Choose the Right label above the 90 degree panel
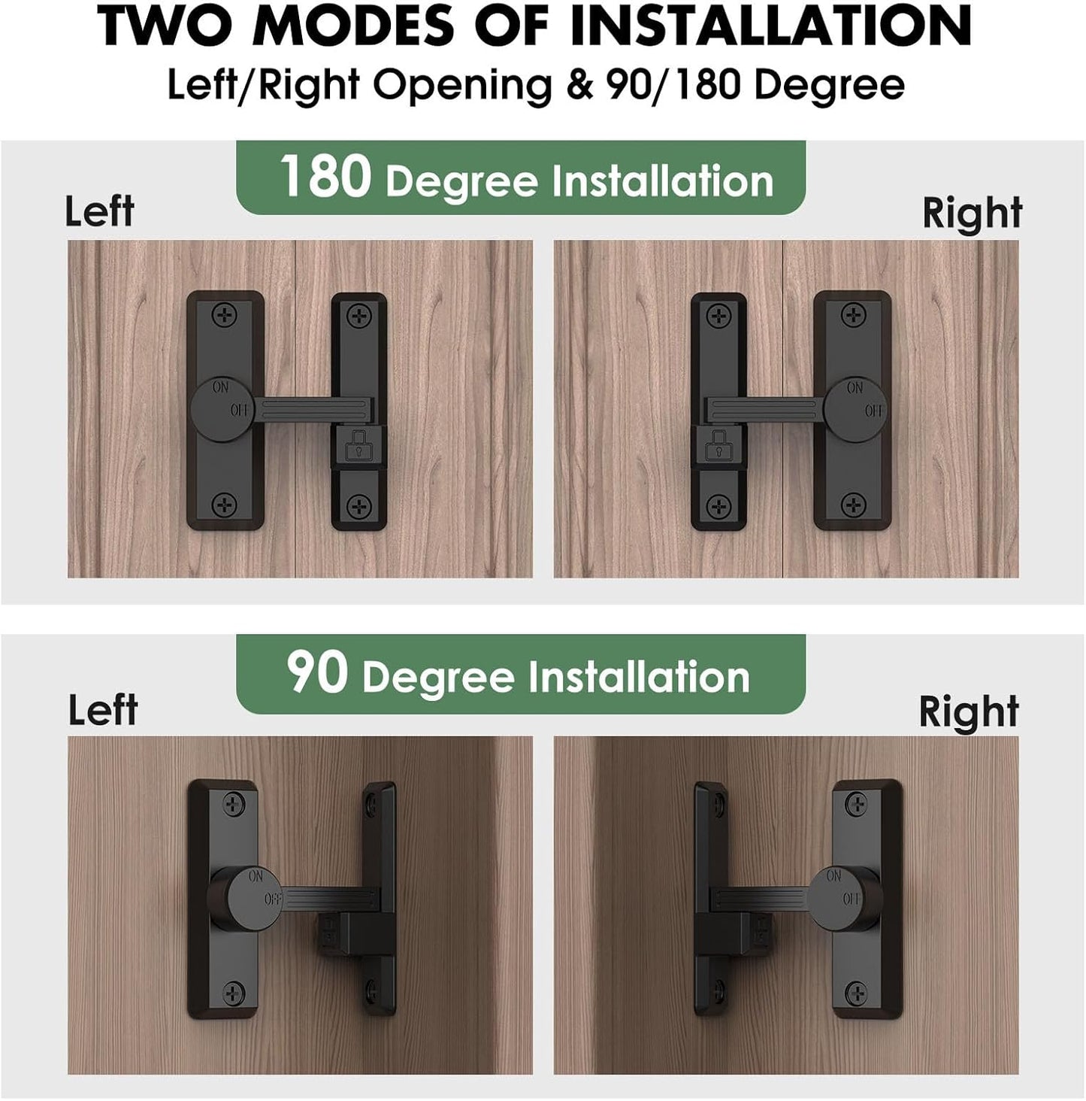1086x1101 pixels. tap(968, 711)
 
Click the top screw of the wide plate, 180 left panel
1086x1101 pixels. tap(224, 315)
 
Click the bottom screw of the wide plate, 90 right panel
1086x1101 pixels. tap(856, 994)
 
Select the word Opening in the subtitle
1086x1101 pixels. tap(462, 84)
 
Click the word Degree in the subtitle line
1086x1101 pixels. tap(828, 84)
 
